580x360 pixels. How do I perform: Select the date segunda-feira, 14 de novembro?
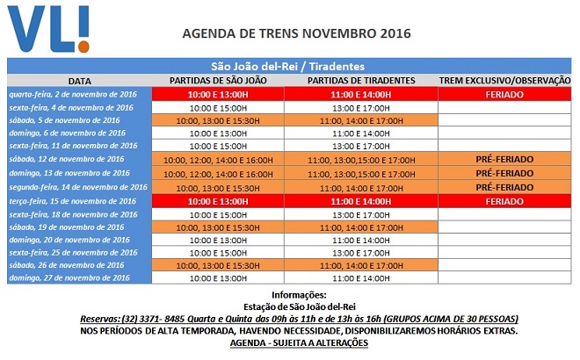78,187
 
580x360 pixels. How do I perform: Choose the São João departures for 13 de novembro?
217,174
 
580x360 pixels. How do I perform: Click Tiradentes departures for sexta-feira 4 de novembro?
360,107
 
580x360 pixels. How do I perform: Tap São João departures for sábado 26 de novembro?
217,265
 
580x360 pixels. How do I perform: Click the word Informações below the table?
299,294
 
